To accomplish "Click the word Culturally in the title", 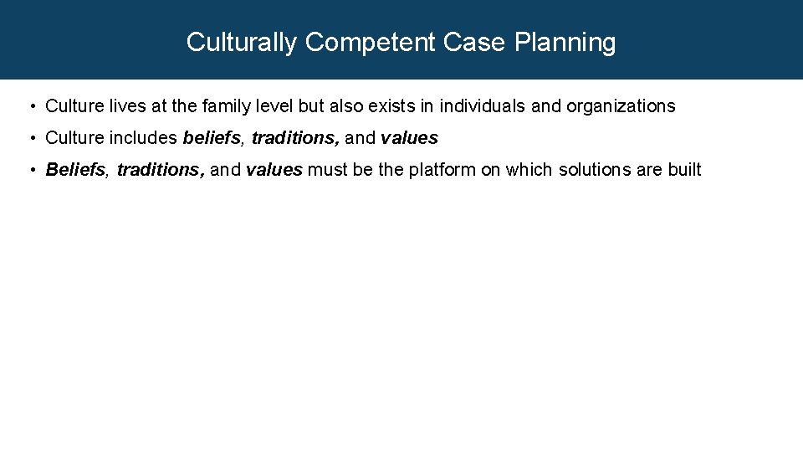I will pyautogui.click(x=241, y=42).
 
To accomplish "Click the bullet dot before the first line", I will pyautogui.click(x=31, y=106).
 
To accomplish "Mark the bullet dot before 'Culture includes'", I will pyautogui.click(x=31, y=138).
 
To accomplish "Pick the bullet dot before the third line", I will pyautogui.click(x=31, y=170).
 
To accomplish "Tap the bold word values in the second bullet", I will pyautogui.click(x=409, y=138).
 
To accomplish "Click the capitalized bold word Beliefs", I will pyautogui.click(x=76, y=170).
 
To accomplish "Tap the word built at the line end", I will pyautogui.click(x=684, y=170).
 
